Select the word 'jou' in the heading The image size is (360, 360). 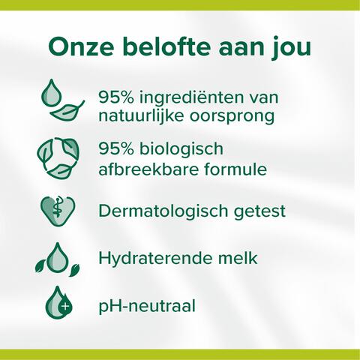point(291,49)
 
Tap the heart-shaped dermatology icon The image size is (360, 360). point(58,210)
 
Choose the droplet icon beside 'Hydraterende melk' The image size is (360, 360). point(56,259)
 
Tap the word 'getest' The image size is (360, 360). point(260,211)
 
